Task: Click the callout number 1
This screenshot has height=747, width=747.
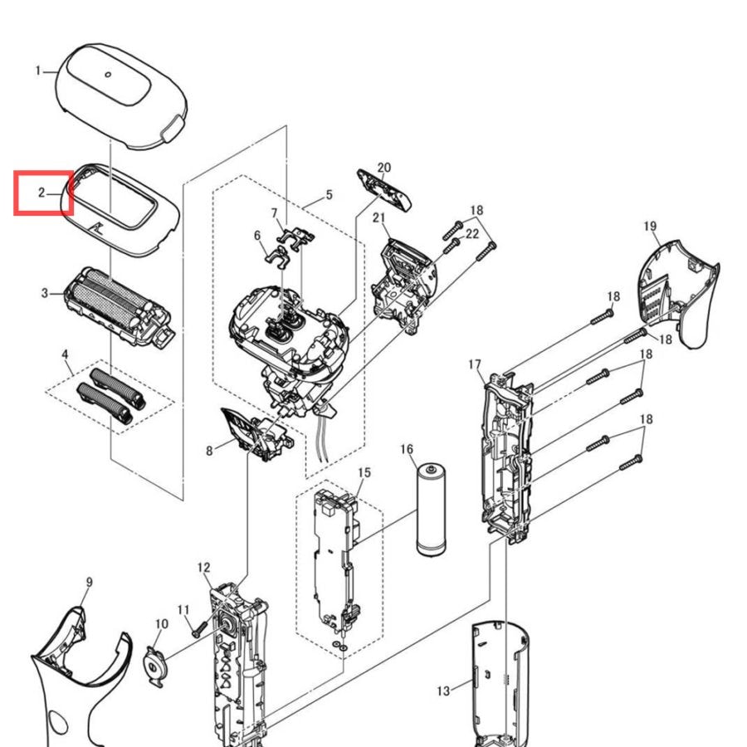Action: pos(38,71)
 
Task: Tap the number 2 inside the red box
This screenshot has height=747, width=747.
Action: pos(41,193)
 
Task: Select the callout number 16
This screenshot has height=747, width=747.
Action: pos(407,449)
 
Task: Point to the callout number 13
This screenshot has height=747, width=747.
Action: pos(443,691)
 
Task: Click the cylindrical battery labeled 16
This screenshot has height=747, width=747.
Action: pos(431,510)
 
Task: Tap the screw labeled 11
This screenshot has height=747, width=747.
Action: pos(198,629)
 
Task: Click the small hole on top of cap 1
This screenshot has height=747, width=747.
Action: pos(108,75)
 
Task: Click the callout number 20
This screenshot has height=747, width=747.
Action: pos(384,168)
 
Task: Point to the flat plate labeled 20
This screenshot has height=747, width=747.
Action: pos(384,190)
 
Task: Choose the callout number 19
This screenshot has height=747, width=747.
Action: pos(650,226)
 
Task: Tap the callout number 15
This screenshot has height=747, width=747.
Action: pos(364,472)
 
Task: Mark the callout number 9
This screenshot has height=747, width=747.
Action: pos(89,582)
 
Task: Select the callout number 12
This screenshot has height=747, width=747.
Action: pos(203,568)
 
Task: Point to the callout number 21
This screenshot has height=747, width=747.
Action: pos(378,217)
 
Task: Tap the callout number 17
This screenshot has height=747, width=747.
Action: pos(475,364)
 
